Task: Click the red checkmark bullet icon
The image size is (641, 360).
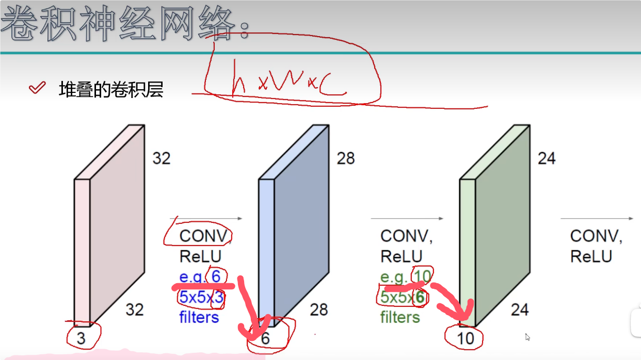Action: [x=37, y=88]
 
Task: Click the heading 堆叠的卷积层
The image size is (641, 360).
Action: [x=111, y=90]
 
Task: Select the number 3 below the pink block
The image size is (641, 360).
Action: [x=81, y=338]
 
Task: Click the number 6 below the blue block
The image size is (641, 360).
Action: [x=265, y=338]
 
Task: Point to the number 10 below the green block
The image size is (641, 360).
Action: [x=466, y=338]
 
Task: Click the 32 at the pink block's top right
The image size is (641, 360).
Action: [x=161, y=158]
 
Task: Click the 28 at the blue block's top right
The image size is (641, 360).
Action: [x=345, y=158]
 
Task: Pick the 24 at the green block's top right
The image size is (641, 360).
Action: [x=546, y=158]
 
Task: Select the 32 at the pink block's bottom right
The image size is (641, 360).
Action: [x=135, y=309]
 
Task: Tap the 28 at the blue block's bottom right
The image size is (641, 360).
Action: [x=319, y=309]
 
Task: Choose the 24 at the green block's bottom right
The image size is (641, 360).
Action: [x=520, y=309]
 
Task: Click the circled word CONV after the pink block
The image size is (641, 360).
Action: [x=203, y=236]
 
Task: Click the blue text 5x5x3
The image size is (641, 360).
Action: [x=201, y=297]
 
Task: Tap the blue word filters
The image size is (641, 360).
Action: [x=199, y=317]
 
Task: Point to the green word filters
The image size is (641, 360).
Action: [x=400, y=317]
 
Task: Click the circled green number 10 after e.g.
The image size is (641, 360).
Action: [x=422, y=277]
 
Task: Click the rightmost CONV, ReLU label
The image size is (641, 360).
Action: [x=596, y=246]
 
